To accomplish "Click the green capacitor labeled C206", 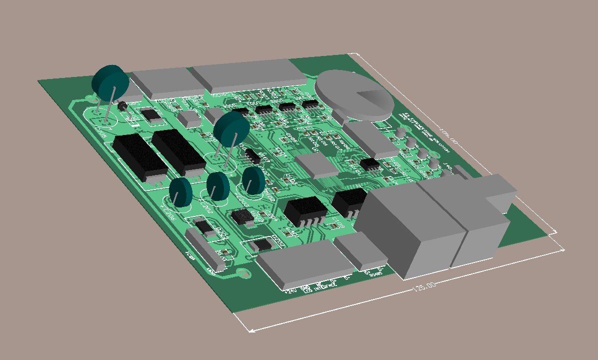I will pyautogui.click(x=180, y=192).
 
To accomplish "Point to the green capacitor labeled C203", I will pyautogui.click(x=254, y=180).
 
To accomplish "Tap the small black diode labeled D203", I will pyautogui.click(x=204, y=227).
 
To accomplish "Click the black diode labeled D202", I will pyautogui.click(x=261, y=245).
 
